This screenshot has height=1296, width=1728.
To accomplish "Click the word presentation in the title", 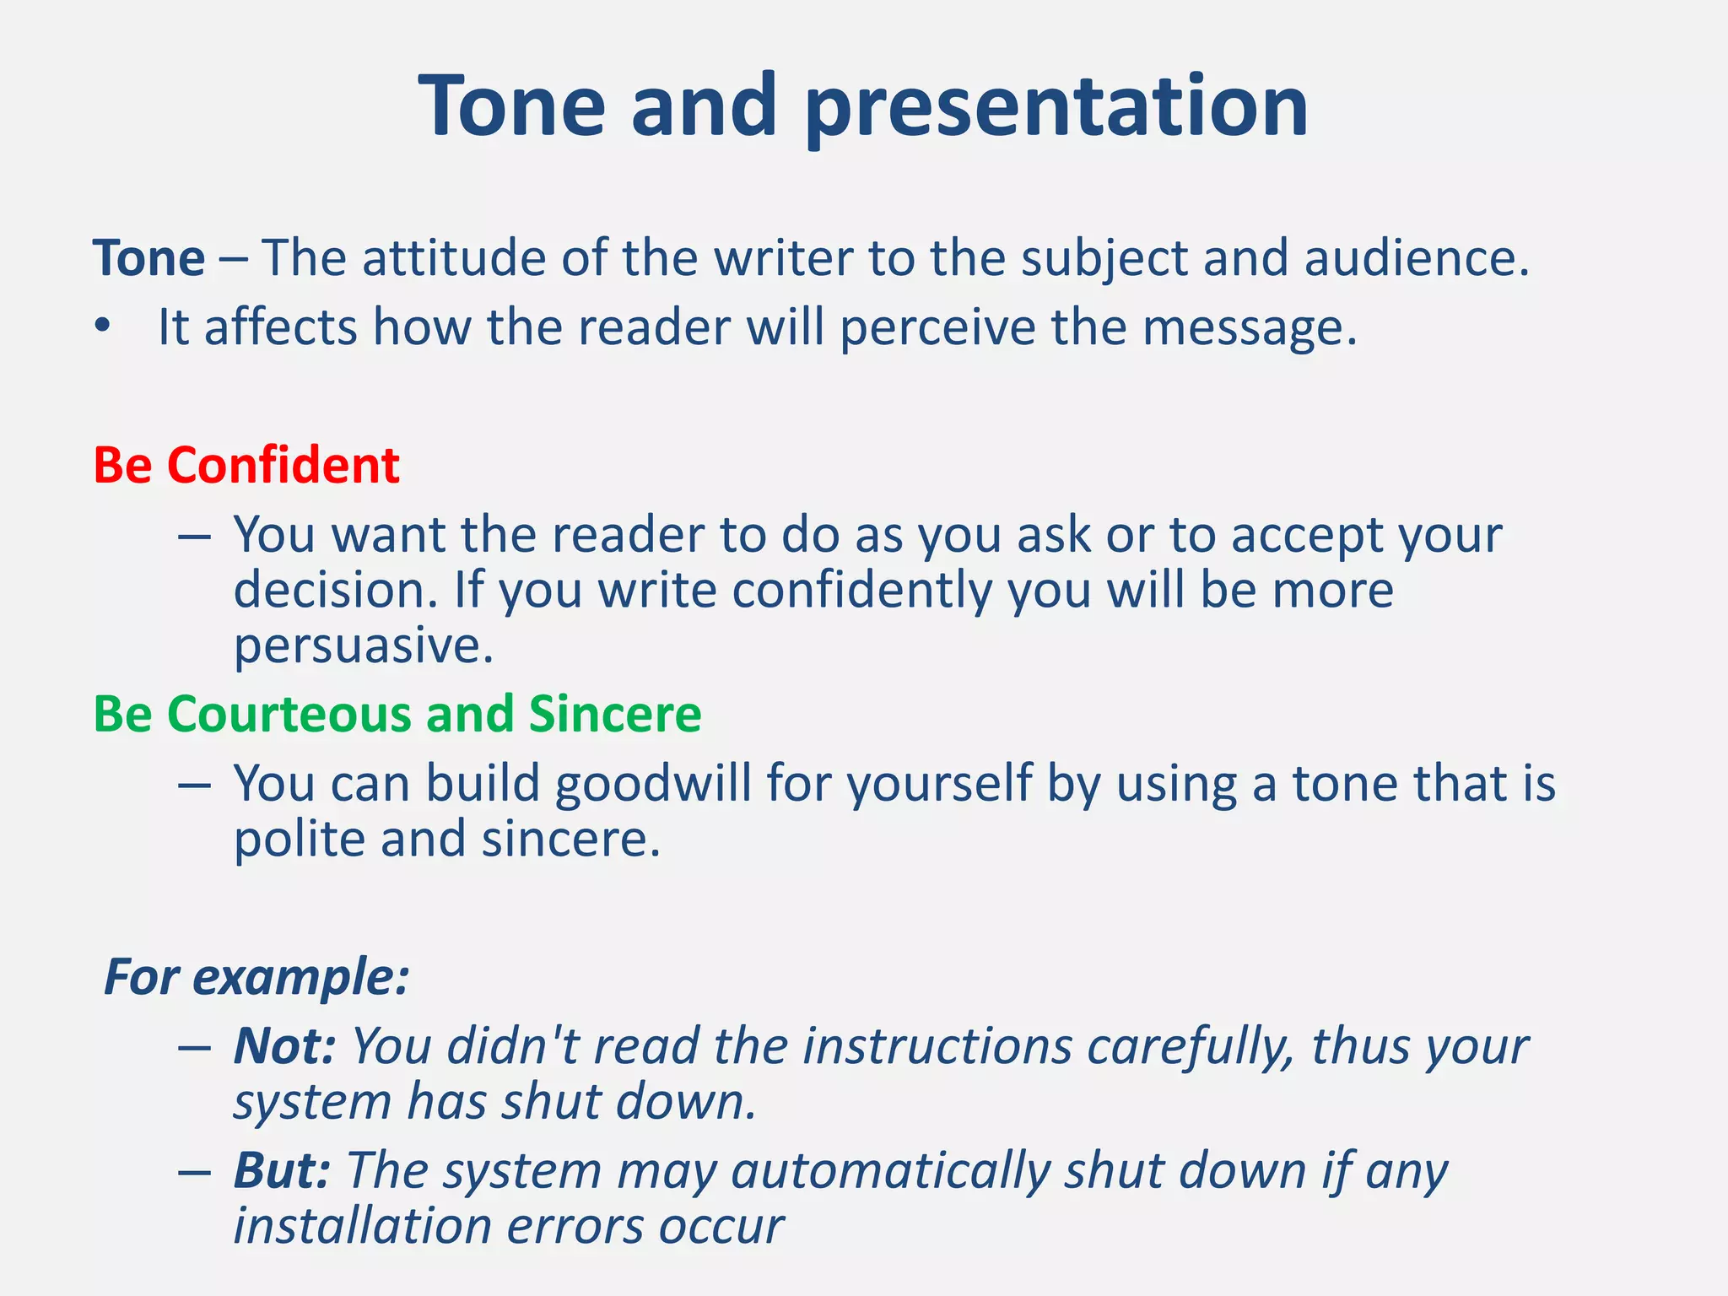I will coord(1056,107).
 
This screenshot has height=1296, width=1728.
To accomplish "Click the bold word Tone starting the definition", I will coord(148,258).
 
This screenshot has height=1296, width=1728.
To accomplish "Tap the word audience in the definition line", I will coord(1416,258).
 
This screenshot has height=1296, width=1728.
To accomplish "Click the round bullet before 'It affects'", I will coord(103,327).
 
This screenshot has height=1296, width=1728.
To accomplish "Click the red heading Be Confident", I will coord(246,465).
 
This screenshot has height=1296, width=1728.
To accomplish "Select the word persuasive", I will coord(363,646).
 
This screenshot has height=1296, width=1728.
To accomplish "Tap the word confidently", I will coord(861,591).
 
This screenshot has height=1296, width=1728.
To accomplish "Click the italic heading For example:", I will coord(256,978).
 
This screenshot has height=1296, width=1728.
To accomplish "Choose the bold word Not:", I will coord(284,1047).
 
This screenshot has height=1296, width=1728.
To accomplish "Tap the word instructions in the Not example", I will coord(937,1047).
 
